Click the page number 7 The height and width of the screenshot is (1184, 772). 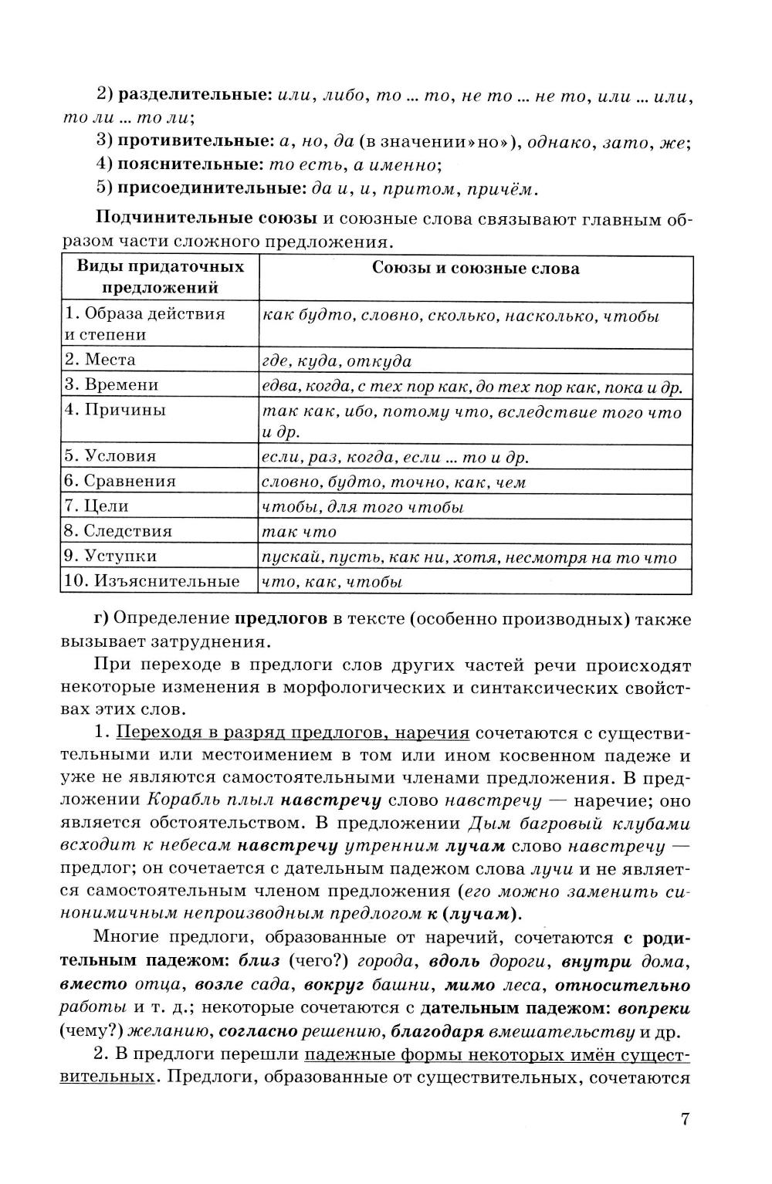click(x=684, y=1118)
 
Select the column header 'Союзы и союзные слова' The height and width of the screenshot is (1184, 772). click(x=476, y=269)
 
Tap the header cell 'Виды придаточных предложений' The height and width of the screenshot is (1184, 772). click(x=160, y=277)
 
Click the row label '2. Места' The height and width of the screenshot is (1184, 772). click(x=100, y=360)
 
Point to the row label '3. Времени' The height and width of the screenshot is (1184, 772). click(x=112, y=385)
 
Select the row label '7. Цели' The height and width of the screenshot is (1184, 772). click(x=96, y=506)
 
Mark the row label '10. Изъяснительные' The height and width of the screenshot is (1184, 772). click(x=152, y=581)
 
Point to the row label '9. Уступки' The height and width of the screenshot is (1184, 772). click(x=111, y=556)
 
